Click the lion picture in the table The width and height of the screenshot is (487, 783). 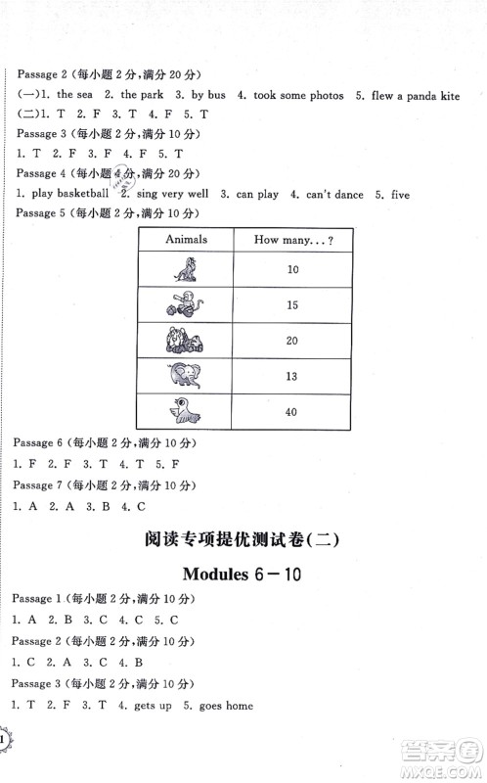[182, 267]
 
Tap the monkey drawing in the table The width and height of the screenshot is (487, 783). [182, 303]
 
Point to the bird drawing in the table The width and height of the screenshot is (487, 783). [182, 410]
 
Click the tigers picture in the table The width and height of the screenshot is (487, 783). [182, 339]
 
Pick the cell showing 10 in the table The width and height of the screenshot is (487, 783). [289, 267]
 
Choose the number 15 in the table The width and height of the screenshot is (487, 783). [289, 303]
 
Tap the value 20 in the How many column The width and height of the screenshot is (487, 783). [289, 339]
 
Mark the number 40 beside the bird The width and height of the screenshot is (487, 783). [289, 410]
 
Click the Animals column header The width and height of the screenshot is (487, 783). [182, 239]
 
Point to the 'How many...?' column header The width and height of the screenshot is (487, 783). [289, 239]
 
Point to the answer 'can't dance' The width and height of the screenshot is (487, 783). [333, 195]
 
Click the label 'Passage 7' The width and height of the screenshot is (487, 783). [34, 485]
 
